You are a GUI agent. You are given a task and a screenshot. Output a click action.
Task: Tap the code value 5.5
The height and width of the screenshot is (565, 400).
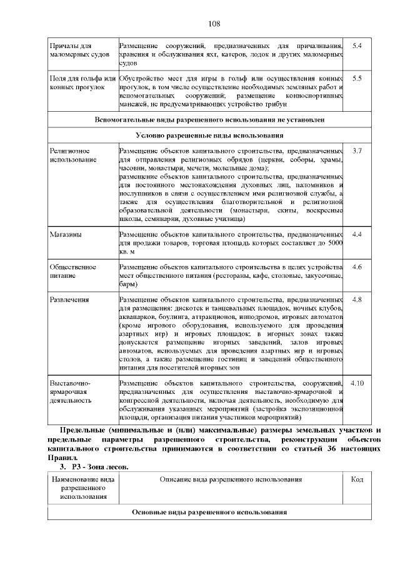(x=357, y=79)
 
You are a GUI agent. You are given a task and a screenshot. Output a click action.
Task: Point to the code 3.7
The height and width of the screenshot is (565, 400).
(x=357, y=152)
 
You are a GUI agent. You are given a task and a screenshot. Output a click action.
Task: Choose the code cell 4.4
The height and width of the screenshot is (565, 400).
(x=357, y=235)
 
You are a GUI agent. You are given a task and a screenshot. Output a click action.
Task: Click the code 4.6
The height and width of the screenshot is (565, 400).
(x=357, y=267)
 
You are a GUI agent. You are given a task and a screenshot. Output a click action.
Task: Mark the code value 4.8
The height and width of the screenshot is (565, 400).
(x=357, y=300)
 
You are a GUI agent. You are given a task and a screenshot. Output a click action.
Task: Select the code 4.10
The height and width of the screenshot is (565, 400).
(x=357, y=382)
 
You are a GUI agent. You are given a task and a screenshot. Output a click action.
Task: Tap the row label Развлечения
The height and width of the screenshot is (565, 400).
(x=69, y=300)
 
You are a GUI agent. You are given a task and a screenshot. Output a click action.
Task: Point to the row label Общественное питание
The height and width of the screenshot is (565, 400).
(x=73, y=272)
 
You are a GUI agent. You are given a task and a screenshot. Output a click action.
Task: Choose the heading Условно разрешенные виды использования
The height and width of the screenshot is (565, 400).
(x=209, y=135)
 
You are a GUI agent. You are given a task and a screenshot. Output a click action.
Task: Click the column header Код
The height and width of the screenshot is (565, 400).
(x=357, y=479)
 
